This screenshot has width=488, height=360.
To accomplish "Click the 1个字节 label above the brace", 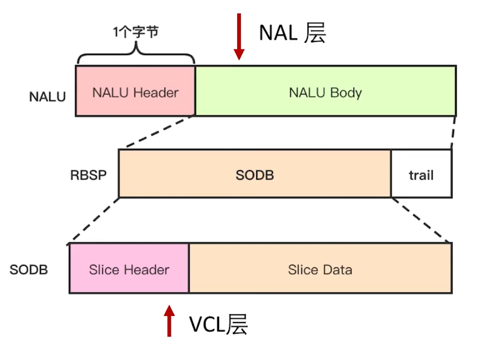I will [x=135, y=32].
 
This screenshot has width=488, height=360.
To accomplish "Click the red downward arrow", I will [x=239, y=36].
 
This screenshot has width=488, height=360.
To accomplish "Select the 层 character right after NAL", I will [x=315, y=33].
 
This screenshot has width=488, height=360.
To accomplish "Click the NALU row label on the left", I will [x=47, y=97].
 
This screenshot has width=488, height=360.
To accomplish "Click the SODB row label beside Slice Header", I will [x=29, y=270].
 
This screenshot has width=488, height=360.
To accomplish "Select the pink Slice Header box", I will [x=129, y=269].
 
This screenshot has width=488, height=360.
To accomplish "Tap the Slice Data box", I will [x=320, y=269].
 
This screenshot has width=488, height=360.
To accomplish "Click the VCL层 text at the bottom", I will [x=219, y=324].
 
